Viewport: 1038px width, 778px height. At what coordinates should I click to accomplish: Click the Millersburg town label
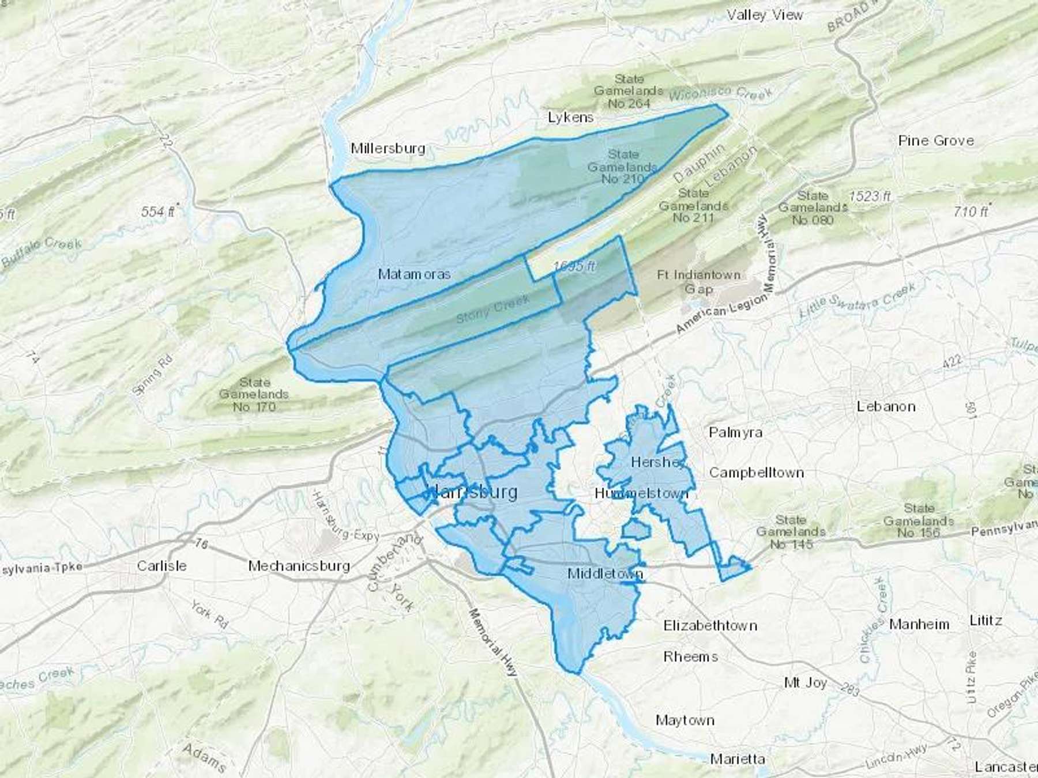pyautogui.click(x=388, y=148)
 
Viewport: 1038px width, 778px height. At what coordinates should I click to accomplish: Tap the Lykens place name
pyautogui.click(x=570, y=118)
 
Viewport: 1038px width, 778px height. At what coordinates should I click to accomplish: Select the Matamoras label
pyautogui.click(x=414, y=274)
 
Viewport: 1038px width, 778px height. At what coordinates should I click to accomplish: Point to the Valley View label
pyautogui.click(x=765, y=15)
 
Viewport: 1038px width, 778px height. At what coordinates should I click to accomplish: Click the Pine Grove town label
pyautogui.click(x=936, y=141)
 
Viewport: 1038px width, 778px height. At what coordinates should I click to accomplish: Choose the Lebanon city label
pyautogui.click(x=886, y=406)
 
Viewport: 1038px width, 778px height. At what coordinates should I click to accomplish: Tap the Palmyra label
pyautogui.click(x=735, y=432)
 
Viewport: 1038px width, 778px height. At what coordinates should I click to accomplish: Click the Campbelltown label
pyautogui.click(x=756, y=473)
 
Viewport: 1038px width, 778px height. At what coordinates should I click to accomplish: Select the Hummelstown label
pyautogui.click(x=641, y=493)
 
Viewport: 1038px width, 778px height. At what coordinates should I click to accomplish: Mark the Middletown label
pyautogui.click(x=605, y=573)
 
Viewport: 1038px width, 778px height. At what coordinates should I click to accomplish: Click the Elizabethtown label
pyautogui.click(x=710, y=625)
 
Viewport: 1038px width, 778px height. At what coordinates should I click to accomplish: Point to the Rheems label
pyautogui.click(x=690, y=656)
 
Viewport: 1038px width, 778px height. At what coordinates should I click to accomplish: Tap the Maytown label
pyautogui.click(x=685, y=720)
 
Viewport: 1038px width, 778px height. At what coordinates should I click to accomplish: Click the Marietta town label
pyautogui.click(x=738, y=759)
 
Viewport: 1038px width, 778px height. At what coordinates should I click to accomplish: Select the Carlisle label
pyautogui.click(x=161, y=565)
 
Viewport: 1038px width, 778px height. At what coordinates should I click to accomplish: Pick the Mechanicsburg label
pyautogui.click(x=299, y=566)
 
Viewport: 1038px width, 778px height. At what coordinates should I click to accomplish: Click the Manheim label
pyautogui.click(x=919, y=624)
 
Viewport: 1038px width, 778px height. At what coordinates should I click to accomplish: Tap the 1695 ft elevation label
pyautogui.click(x=574, y=266)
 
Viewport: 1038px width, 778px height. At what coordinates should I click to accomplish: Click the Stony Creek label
pyautogui.click(x=492, y=309)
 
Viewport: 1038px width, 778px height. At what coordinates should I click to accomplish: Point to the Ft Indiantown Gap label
pyautogui.click(x=698, y=281)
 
